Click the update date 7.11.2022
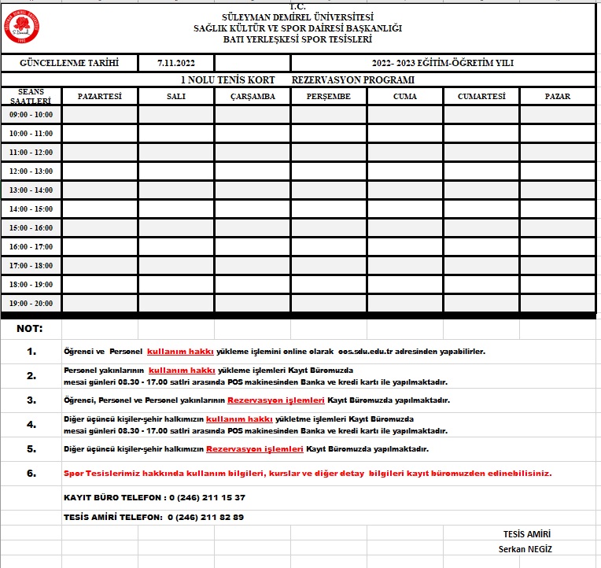click(175, 63)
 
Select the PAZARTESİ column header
click(100, 96)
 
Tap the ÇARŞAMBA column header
click(253, 96)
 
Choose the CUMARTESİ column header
click(481, 96)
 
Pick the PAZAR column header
click(557, 96)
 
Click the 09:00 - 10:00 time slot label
click(31, 115)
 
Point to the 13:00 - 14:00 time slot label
click(31, 190)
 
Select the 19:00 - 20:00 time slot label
click(31, 304)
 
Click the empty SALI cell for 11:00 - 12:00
click(176, 153)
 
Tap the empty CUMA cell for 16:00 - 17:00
click(405, 247)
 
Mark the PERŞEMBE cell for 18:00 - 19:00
click(329, 285)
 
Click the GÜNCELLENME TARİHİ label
click(70, 63)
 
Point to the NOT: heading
click(30, 329)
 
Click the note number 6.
click(31, 474)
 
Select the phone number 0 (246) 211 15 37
click(207, 498)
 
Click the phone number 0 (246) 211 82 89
click(205, 518)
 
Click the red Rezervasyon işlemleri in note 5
click(255, 449)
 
